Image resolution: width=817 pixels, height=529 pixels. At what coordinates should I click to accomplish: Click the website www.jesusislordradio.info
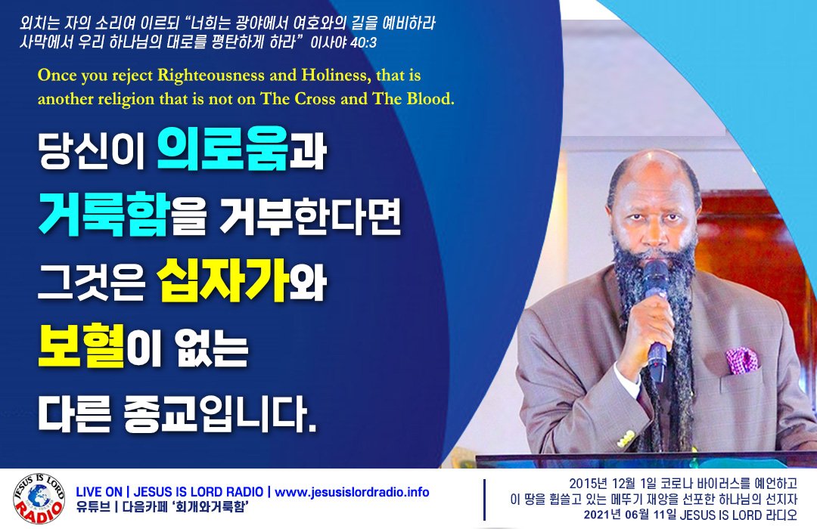tap(352, 492)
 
